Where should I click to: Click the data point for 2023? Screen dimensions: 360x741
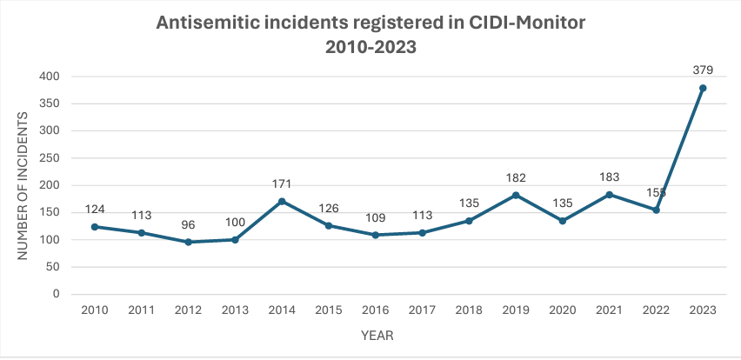coord(702,88)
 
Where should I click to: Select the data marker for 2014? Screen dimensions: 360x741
coord(282,201)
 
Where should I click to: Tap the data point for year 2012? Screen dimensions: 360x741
coord(189,242)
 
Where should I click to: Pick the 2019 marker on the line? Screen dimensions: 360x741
coord(516,195)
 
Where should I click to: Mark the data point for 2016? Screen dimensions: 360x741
coord(376,235)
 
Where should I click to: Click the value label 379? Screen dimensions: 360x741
coord(702,70)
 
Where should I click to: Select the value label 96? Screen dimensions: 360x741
coord(189,224)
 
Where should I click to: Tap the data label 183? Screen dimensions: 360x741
coord(609,177)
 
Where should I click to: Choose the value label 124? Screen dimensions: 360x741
coord(96,209)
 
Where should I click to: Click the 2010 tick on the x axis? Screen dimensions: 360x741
coord(96,310)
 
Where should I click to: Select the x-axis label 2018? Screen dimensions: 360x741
coord(469,310)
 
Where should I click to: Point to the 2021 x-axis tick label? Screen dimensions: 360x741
coord(609,310)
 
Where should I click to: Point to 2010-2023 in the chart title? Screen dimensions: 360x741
coord(370,49)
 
